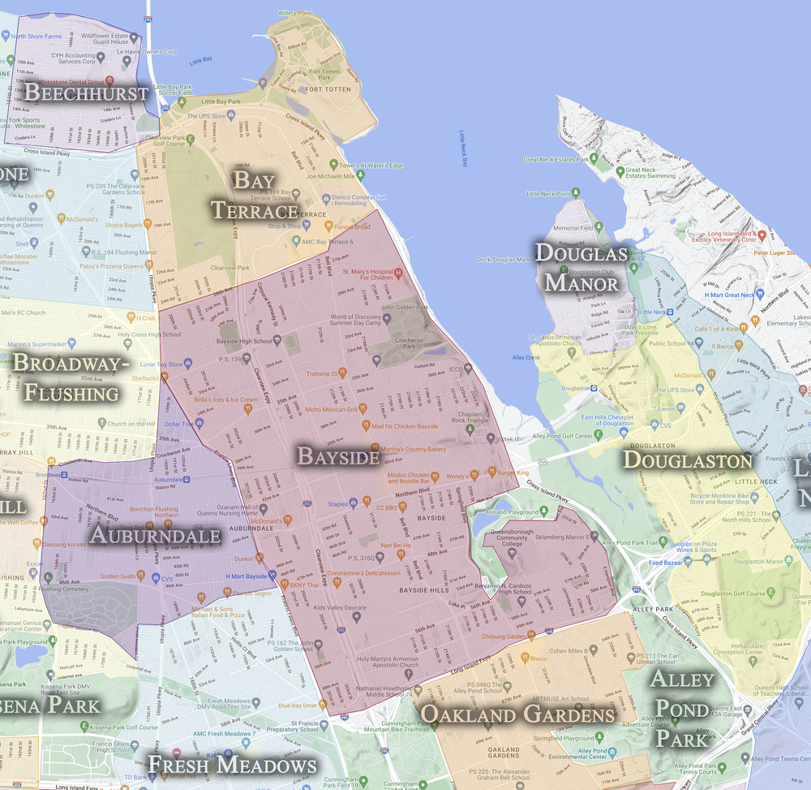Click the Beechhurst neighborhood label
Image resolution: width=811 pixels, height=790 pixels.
(x=86, y=92)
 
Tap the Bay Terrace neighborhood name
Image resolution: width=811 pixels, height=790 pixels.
(x=254, y=195)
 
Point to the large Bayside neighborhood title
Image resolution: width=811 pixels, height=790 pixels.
(x=338, y=456)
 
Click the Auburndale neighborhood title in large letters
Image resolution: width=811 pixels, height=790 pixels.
(x=155, y=535)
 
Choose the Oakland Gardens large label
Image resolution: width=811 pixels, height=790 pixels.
(x=517, y=714)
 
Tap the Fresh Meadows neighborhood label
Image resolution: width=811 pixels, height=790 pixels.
(x=232, y=765)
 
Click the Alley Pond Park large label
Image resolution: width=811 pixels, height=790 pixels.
(x=682, y=708)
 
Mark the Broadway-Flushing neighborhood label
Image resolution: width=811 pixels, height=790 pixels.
(x=71, y=378)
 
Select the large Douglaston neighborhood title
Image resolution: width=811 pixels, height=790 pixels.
(x=687, y=460)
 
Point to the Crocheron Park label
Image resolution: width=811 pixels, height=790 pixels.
(x=411, y=345)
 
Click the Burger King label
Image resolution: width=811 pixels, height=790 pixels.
(x=513, y=473)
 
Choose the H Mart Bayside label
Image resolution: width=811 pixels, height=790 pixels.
(x=246, y=576)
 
